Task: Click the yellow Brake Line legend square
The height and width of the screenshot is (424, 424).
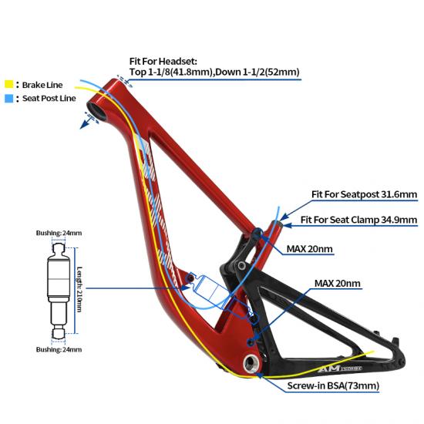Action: [x=9, y=84]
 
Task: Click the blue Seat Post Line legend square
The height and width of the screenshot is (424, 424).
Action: [x=9, y=98]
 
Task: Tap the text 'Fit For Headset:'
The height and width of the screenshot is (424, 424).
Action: [x=163, y=62]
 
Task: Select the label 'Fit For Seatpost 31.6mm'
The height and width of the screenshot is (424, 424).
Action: [x=364, y=194]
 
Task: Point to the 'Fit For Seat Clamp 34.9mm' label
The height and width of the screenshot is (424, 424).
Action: [x=358, y=220]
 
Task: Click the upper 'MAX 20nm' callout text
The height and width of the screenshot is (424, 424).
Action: [x=309, y=249]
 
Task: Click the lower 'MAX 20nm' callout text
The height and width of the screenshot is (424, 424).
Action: [x=337, y=284]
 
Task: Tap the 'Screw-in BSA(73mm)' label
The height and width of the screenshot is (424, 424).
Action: [x=333, y=385]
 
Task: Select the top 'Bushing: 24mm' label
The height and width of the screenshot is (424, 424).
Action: [x=59, y=233]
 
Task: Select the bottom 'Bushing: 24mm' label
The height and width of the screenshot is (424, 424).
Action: [x=59, y=350]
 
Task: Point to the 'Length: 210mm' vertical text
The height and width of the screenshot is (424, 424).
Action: [x=79, y=289]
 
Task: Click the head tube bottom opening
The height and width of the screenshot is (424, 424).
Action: [x=96, y=110]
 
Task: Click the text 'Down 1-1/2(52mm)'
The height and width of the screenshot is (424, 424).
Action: [x=257, y=72]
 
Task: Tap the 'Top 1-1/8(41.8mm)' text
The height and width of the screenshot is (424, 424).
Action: [x=171, y=72]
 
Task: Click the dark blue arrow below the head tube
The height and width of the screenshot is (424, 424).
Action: [x=85, y=124]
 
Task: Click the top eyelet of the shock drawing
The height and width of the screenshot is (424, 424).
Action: [x=59, y=248]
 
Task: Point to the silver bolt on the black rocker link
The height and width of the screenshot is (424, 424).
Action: [x=241, y=265]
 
